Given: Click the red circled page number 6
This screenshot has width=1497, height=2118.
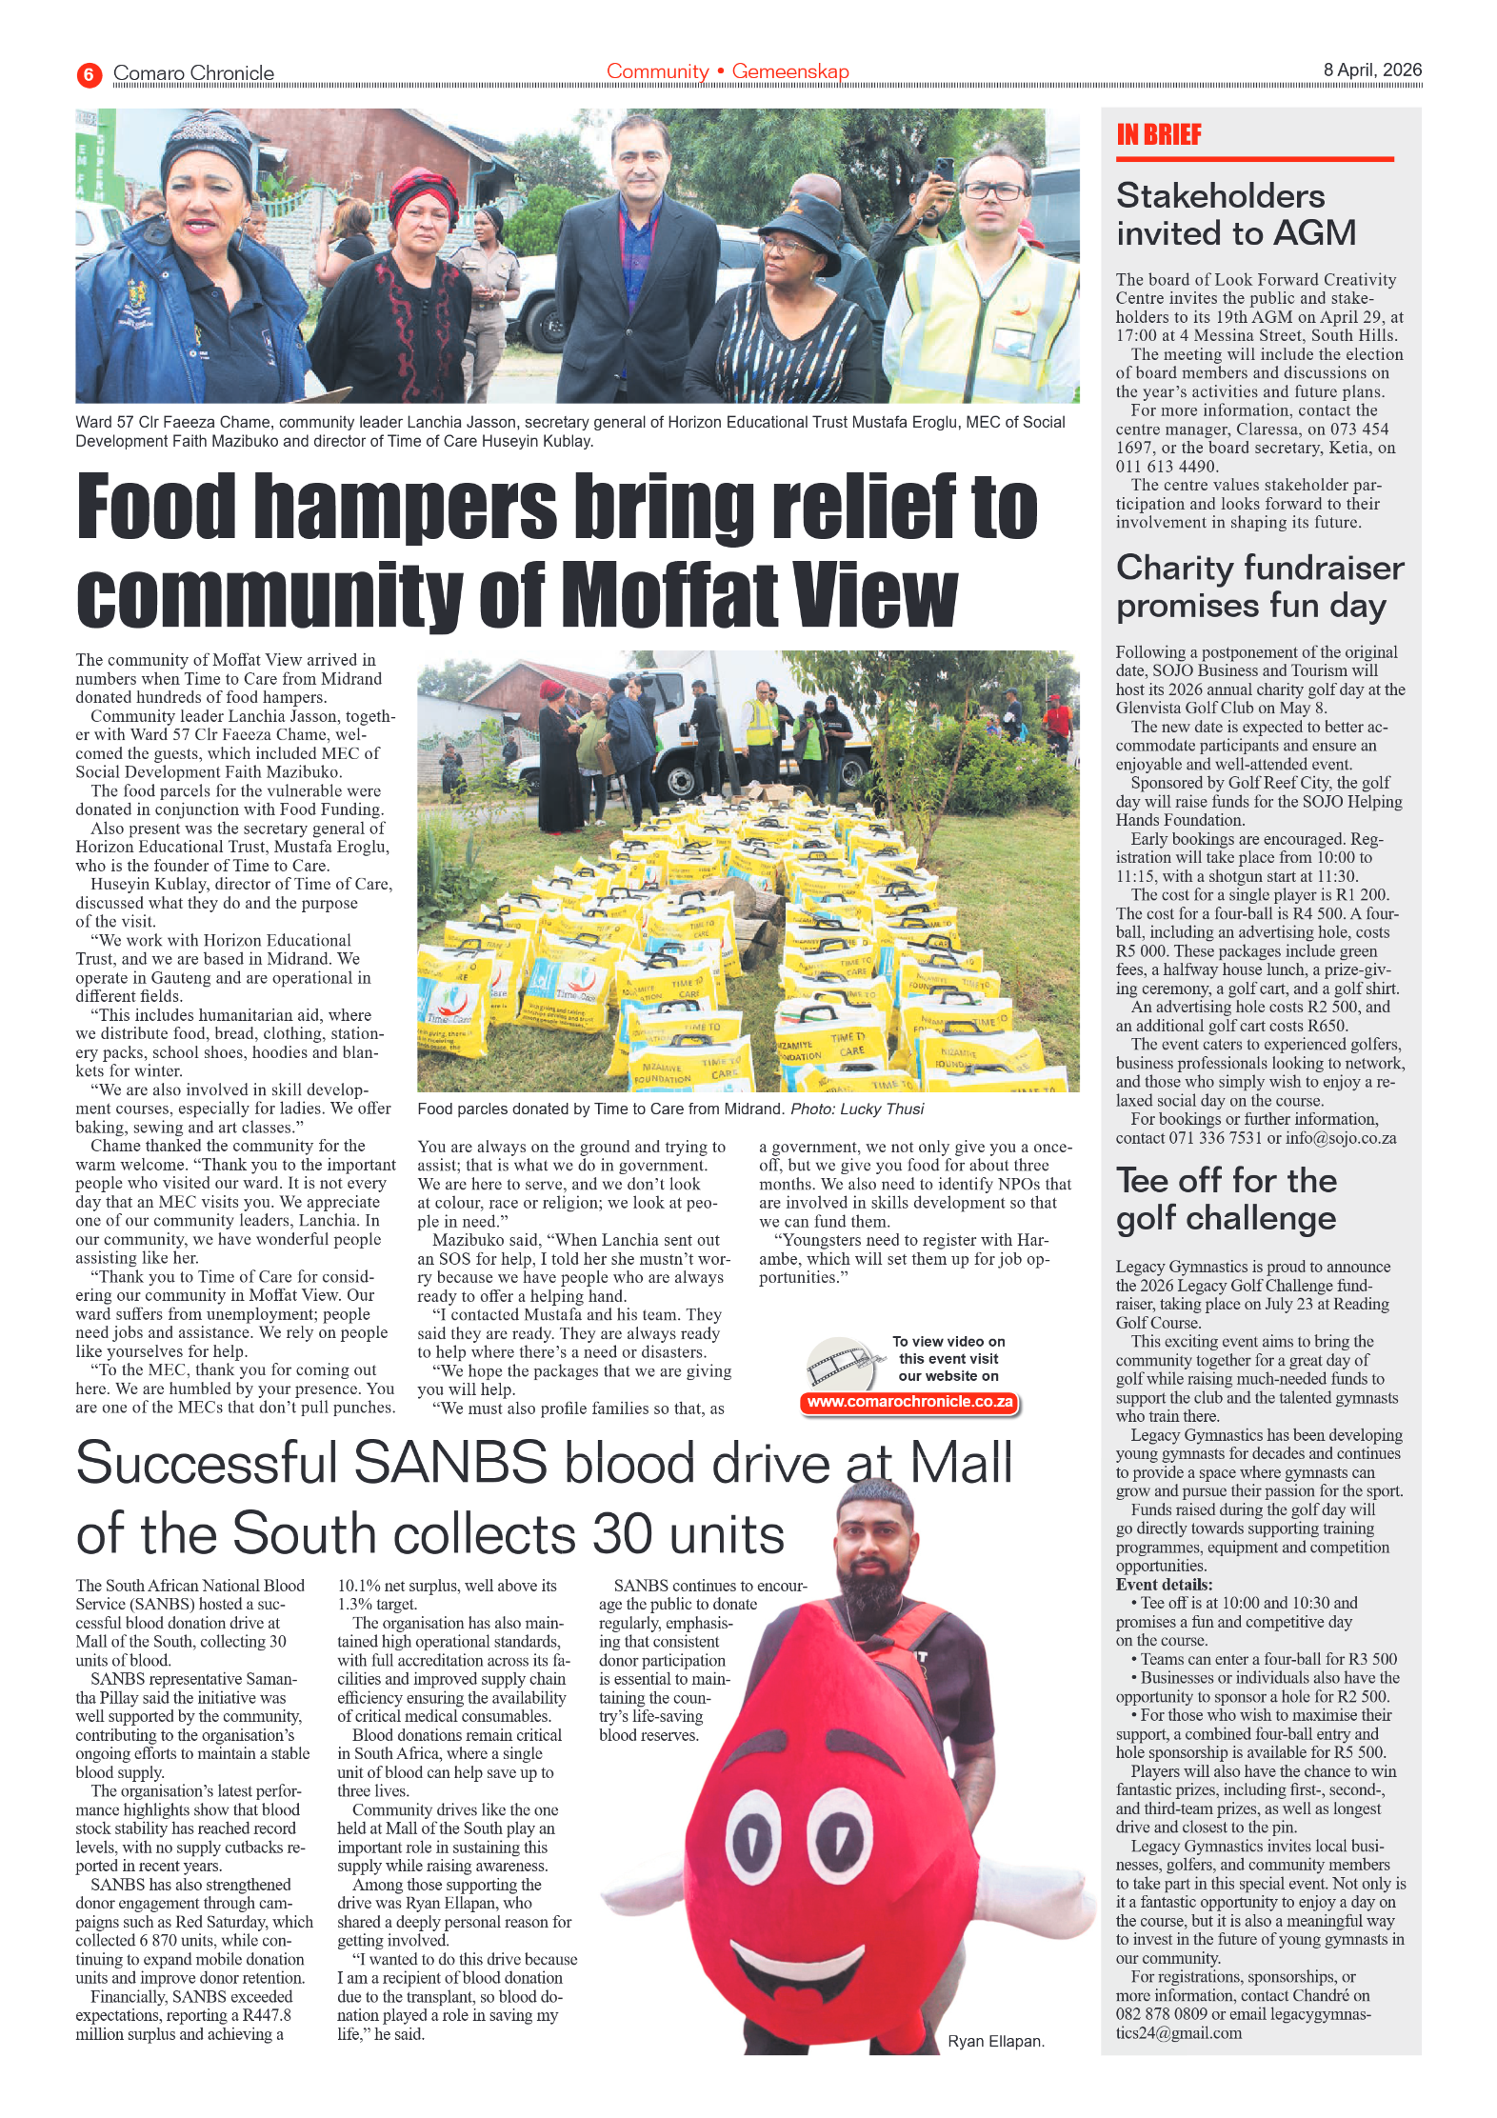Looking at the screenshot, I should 89,73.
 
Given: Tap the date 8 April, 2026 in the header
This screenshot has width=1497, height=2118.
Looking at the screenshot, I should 1371,70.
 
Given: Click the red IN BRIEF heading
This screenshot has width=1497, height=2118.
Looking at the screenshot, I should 1158,134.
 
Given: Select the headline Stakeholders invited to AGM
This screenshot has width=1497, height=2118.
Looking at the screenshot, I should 1235,214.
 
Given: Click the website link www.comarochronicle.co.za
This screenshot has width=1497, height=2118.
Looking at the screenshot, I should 909,1402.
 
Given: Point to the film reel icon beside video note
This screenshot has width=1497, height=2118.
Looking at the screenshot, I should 840,1364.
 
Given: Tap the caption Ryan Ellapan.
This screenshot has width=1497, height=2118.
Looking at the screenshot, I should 995,2041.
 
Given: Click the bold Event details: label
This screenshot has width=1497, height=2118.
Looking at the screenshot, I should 1164,1585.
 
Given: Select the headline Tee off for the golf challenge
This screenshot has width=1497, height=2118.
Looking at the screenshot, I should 1226,1199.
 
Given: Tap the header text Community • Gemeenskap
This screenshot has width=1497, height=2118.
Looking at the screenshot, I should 728,71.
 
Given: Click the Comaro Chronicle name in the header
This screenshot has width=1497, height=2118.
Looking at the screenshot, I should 193,73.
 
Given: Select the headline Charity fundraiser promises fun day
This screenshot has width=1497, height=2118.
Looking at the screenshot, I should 1259,587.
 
